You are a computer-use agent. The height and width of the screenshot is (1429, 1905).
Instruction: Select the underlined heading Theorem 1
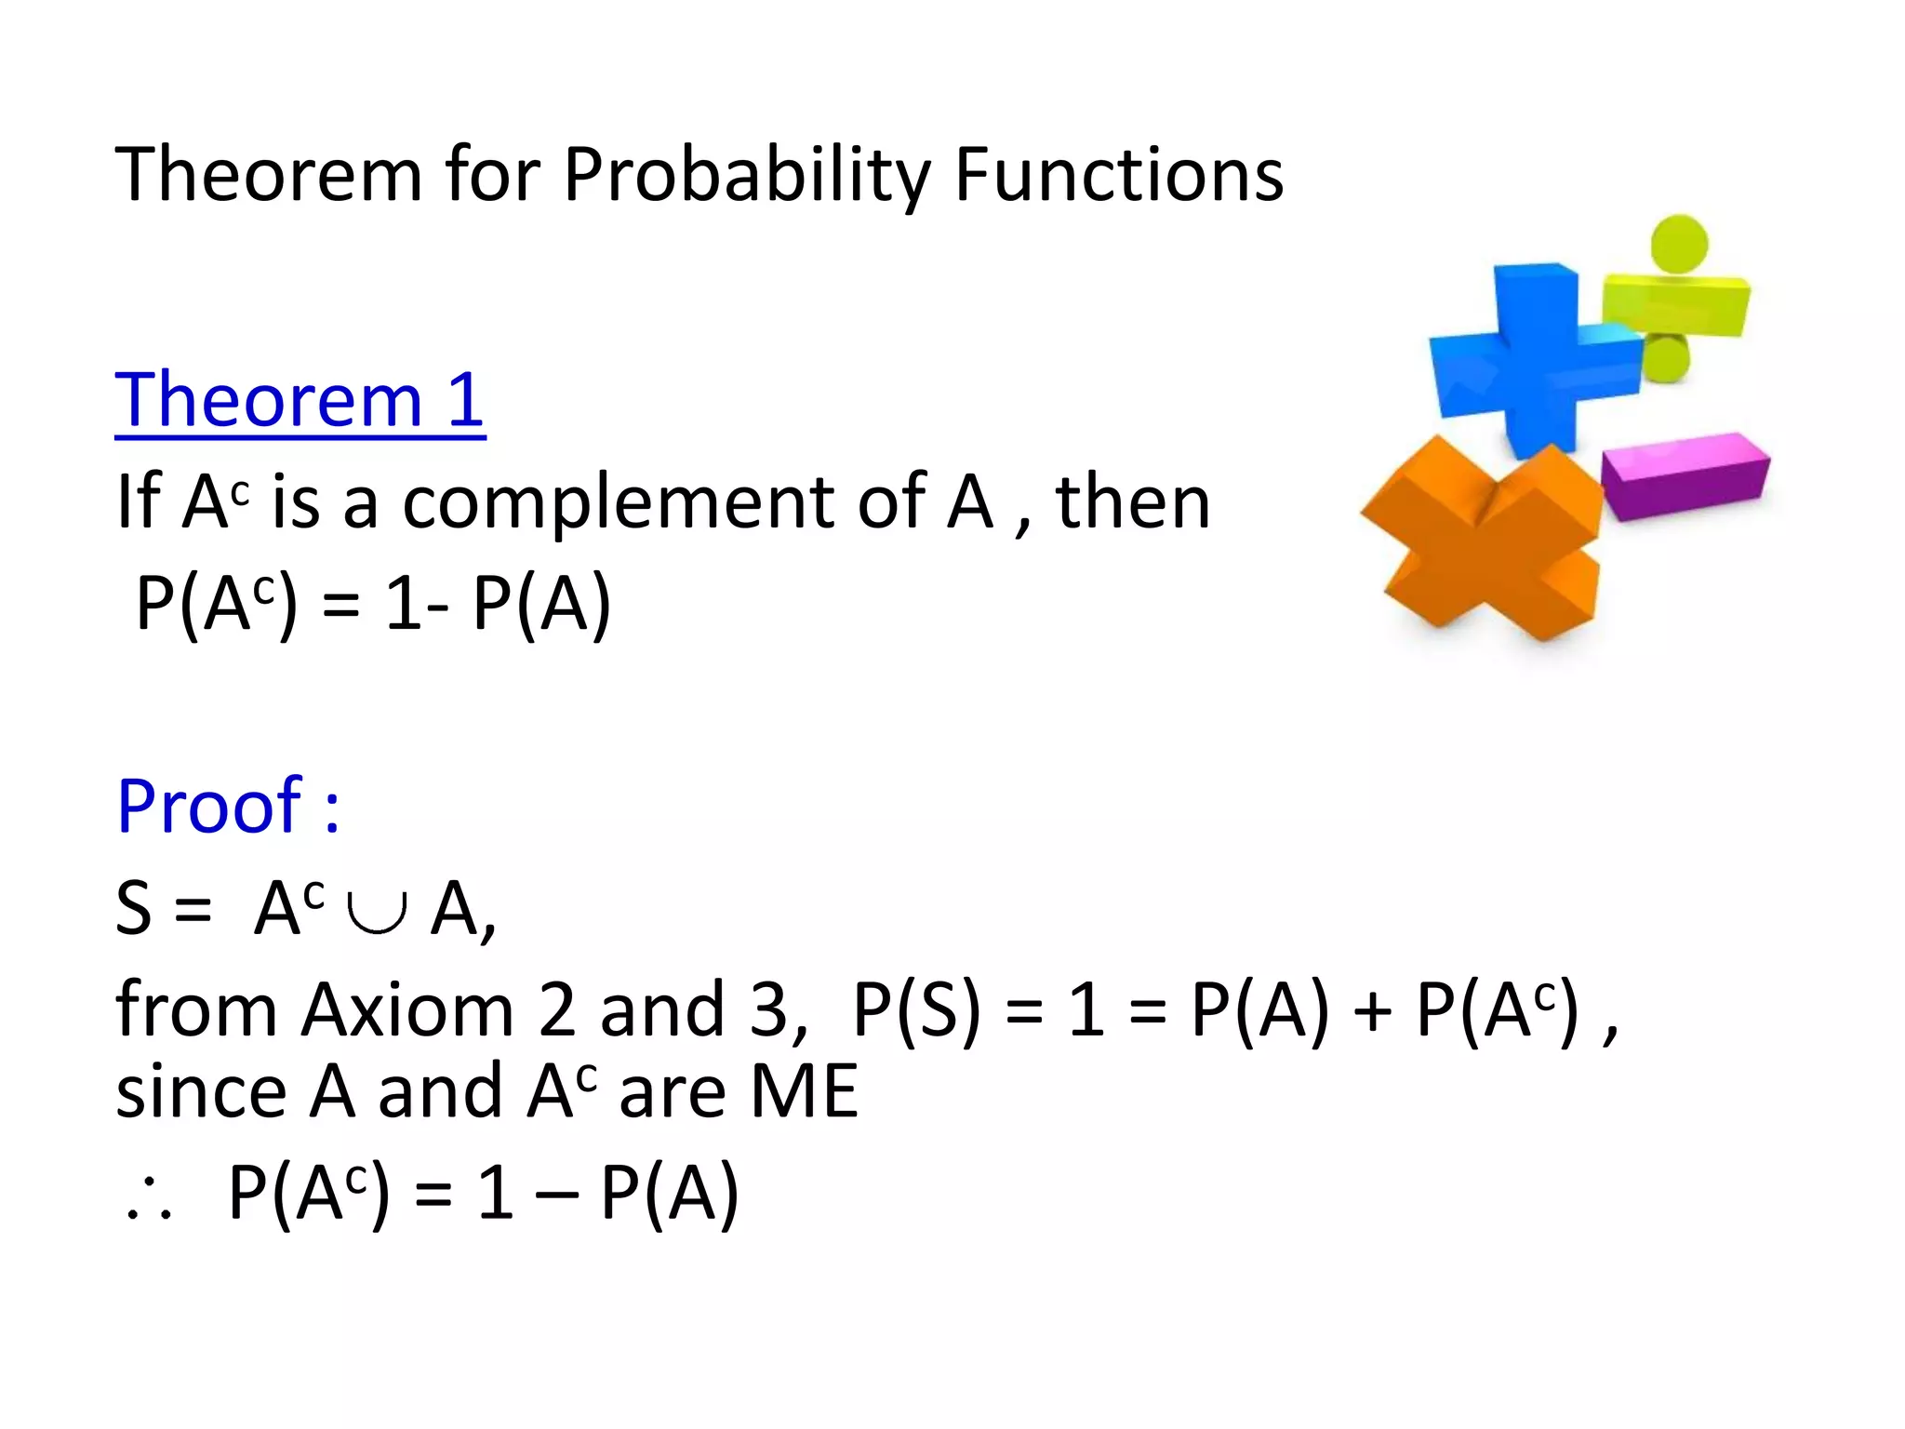300,400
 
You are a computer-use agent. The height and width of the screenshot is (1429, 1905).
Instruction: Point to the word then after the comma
1132,502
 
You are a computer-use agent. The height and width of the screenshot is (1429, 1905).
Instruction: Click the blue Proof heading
228,806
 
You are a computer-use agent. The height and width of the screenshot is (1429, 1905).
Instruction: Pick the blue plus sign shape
1535,358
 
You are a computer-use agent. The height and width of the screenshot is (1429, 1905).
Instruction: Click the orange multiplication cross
1484,540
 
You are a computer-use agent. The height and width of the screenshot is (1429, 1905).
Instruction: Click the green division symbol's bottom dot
1665,358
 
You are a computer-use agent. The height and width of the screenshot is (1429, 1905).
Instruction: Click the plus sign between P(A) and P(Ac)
1372,1011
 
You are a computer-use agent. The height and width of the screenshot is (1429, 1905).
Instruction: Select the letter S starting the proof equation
133,909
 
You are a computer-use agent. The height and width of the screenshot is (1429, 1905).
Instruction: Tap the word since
201,1091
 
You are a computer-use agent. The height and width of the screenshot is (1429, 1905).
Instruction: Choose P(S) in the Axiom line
916,1009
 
